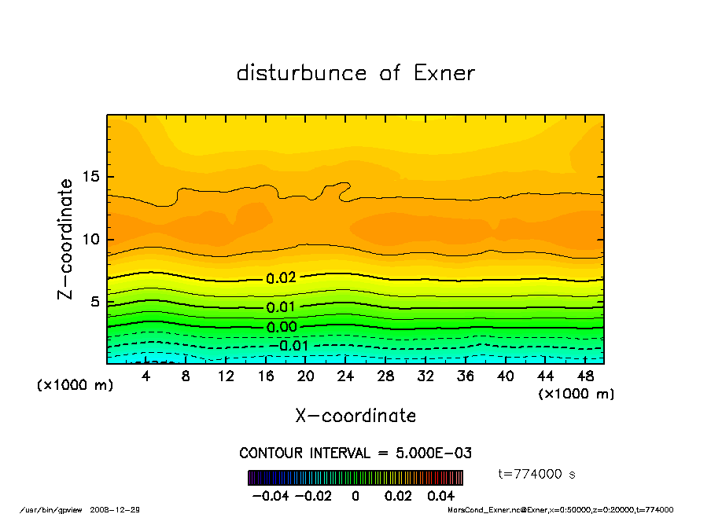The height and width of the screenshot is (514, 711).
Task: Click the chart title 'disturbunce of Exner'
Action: click(355, 74)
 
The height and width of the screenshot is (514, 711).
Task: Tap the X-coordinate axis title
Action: click(355, 416)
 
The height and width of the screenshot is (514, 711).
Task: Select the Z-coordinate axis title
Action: click(66, 239)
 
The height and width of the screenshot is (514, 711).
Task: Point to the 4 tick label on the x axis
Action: click(146, 376)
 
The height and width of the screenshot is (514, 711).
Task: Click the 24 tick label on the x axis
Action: click(345, 376)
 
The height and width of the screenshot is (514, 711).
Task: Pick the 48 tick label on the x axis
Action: click(585, 376)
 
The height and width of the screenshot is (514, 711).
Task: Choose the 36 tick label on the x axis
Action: click(466, 376)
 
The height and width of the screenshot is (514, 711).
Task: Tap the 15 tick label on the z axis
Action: click(92, 177)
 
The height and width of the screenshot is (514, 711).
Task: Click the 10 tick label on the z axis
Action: click(92, 239)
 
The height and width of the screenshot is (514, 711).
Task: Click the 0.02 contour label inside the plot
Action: click(281, 278)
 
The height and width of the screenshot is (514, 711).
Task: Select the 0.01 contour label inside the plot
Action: click(281, 307)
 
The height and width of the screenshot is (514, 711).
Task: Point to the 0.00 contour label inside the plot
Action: click(281, 327)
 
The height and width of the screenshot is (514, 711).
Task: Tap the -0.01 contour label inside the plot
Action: click(289, 346)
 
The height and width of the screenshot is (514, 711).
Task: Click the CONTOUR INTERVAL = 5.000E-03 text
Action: click(355, 453)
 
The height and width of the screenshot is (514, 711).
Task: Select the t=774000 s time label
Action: click(538, 474)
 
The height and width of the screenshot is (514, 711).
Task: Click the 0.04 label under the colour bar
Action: click(440, 496)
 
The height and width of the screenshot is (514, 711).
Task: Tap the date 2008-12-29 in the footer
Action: click(120, 509)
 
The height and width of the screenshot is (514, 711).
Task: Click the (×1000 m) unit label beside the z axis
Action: click(69, 386)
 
